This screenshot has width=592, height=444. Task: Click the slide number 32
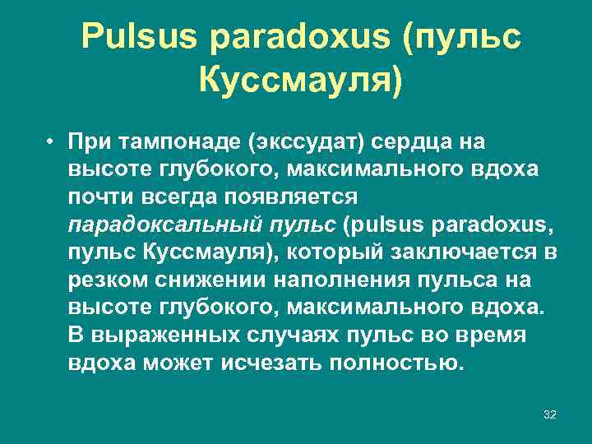[549, 414]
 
